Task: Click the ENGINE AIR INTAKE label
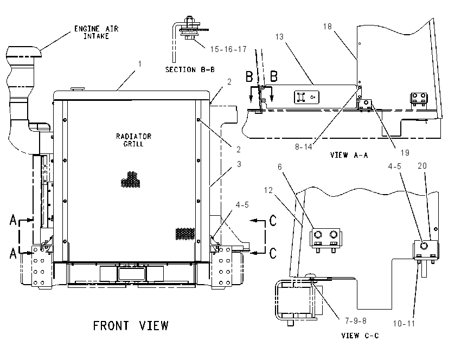click(96, 33)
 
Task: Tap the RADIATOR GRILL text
click(133, 140)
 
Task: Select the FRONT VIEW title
click(131, 326)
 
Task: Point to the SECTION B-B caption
click(190, 69)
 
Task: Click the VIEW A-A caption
click(349, 155)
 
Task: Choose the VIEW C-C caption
click(360, 335)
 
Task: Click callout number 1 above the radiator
click(140, 64)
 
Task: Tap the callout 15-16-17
click(228, 49)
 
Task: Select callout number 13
click(279, 37)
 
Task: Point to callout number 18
click(327, 27)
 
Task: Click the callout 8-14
click(304, 146)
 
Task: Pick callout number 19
click(405, 153)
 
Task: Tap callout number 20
click(422, 166)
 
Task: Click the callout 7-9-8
click(356, 320)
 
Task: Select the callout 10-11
click(404, 324)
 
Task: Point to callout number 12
click(268, 190)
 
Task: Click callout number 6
click(280, 167)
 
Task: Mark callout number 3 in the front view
click(239, 164)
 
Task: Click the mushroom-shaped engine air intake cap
click(23, 52)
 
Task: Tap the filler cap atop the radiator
click(78, 88)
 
